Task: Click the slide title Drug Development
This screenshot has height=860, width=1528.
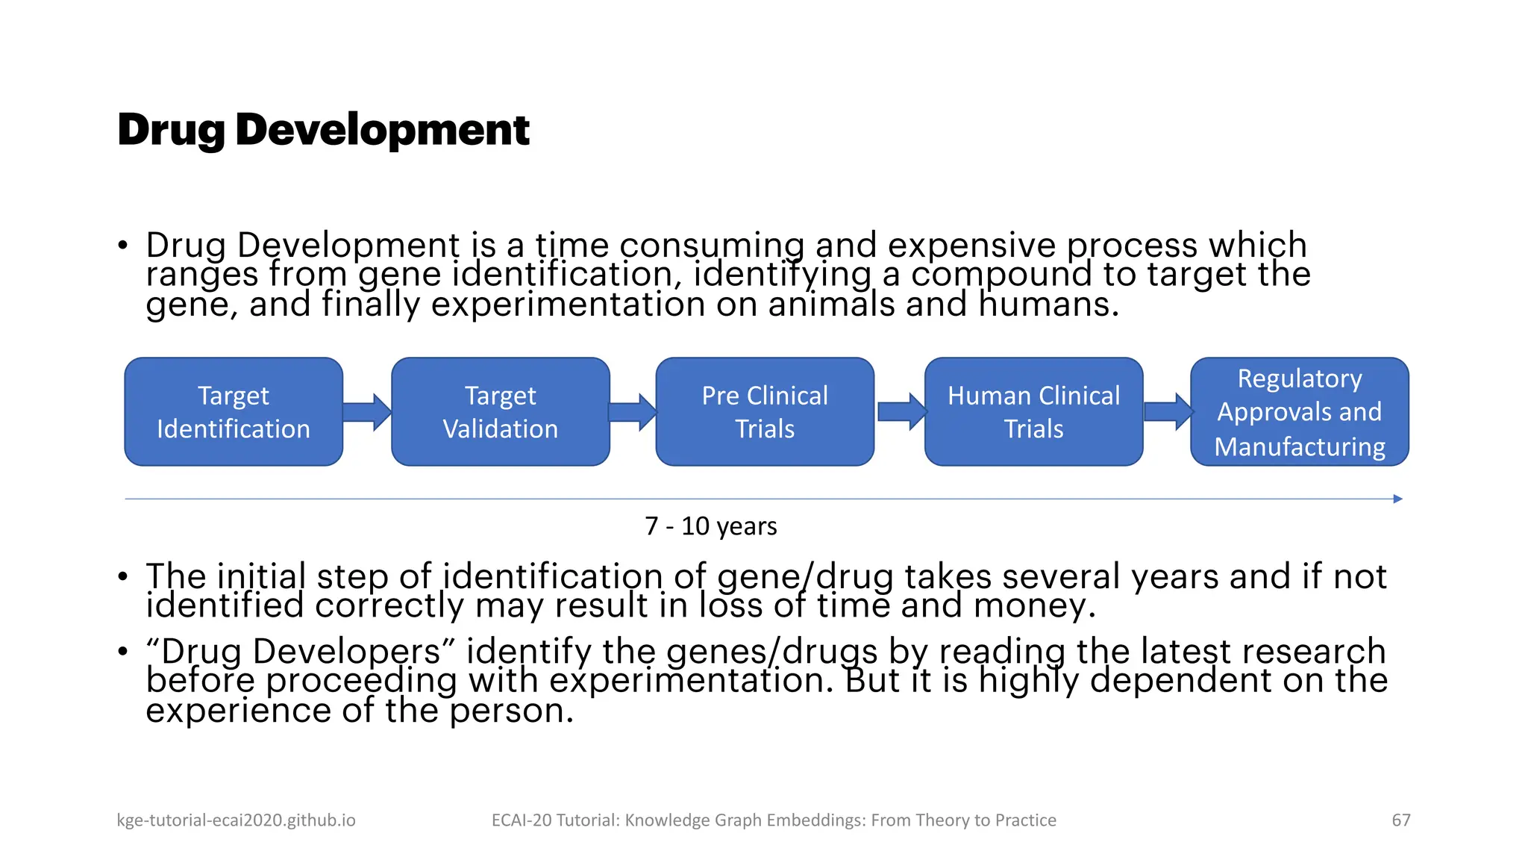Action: click(x=323, y=130)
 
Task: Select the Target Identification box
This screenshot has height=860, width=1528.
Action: click(x=234, y=412)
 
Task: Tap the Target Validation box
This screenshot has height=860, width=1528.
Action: click(x=500, y=412)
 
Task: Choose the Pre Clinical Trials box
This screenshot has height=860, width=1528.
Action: click(x=765, y=412)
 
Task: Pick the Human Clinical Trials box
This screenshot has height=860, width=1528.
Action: click(x=1033, y=412)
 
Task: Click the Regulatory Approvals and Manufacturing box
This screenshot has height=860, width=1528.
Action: click(x=1299, y=412)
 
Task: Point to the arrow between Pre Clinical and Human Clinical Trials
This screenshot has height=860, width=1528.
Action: click(x=901, y=412)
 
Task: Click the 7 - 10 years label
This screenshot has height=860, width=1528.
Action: click(x=710, y=526)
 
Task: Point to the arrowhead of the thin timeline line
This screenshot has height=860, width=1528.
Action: click(x=1397, y=499)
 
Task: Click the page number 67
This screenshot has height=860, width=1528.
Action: click(x=1400, y=820)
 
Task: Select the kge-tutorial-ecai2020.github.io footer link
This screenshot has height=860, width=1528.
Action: click(x=236, y=820)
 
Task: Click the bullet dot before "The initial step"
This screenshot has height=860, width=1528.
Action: click(x=123, y=577)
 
